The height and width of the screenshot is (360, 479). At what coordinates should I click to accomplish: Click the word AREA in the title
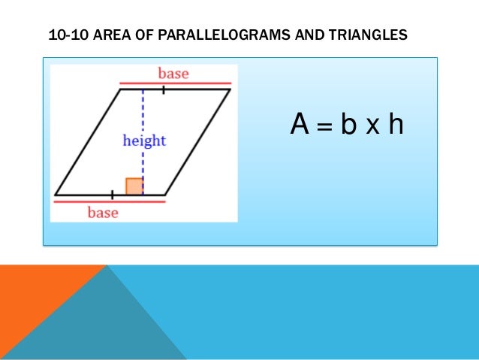click(110, 35)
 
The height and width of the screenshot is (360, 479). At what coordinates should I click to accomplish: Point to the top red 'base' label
click(173, 74)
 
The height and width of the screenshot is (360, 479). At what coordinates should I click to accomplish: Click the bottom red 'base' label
click(102, 213)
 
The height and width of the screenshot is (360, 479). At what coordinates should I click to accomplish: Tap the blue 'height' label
click(144, 141)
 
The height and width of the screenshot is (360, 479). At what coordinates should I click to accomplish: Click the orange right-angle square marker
click(134, 186)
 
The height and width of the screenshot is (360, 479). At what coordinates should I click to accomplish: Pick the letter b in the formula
click(348, 126)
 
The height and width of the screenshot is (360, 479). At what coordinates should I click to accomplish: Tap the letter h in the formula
click(395, 126)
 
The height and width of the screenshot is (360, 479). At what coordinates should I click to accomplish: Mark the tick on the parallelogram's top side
click(163, 89)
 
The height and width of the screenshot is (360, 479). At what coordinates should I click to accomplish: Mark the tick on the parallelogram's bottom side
click(112, 195)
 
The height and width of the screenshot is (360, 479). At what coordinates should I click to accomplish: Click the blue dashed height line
click(143, 113)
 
